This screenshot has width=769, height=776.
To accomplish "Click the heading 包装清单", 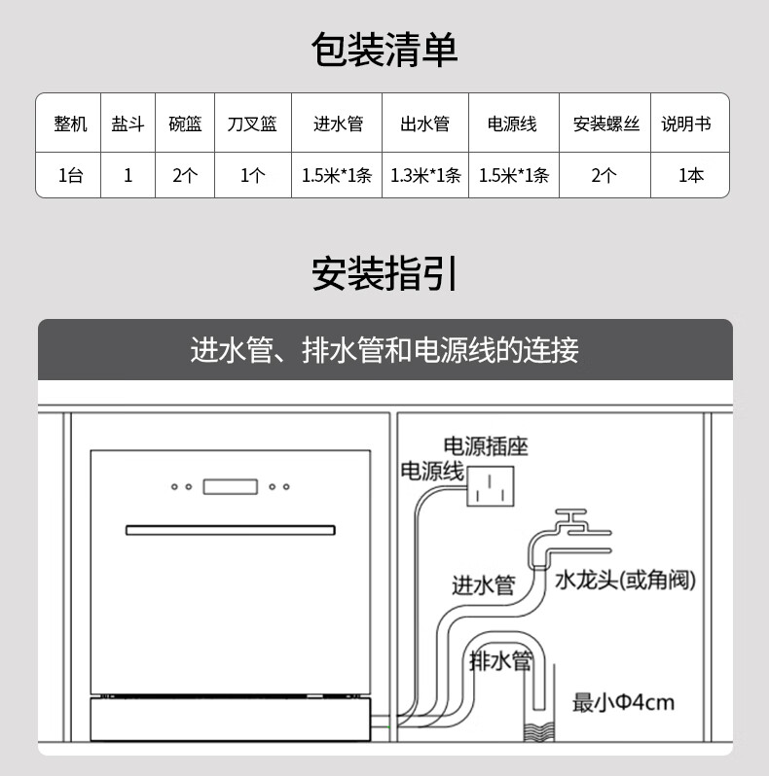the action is [384, 50].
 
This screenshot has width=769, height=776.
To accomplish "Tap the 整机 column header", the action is [70, 124].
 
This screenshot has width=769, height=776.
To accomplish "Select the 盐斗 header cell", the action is [128, 124].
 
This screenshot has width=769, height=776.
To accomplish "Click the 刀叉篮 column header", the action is [252, 124].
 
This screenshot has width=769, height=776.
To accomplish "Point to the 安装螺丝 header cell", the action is [605, 124].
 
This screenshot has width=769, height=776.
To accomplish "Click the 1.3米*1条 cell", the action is [425, 176].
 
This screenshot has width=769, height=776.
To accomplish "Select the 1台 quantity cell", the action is [70, 176].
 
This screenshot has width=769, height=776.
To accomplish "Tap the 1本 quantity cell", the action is [691, 176].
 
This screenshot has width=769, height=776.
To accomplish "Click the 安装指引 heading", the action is [384, 274].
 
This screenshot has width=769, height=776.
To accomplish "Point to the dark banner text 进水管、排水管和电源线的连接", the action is [384, 349].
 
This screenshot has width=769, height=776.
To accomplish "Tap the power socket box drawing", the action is [490, 484].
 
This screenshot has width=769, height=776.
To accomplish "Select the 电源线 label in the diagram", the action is [432, 472].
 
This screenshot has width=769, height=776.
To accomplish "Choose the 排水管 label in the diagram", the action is [501, 661].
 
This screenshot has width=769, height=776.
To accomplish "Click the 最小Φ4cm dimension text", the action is [623, 702].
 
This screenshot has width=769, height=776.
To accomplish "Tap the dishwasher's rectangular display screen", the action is [231, 485].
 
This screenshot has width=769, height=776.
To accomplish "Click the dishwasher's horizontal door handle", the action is [231, 530].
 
